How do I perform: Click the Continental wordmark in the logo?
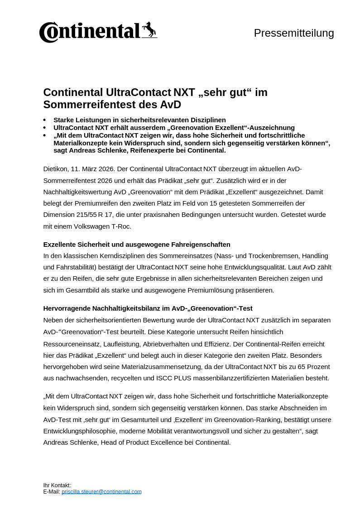click(91, 32)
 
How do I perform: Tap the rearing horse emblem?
click(149, 30)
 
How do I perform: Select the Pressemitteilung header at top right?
click(294, 33)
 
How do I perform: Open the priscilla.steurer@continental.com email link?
click(101, 492)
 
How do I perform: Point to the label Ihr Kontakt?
click(57, 485)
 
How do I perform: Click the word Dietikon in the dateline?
click(55, 169)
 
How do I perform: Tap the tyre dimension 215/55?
click(86, 215)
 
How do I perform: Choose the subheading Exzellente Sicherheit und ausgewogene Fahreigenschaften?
click(137, 245)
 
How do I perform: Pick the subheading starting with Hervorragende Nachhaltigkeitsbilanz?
click(148, 308)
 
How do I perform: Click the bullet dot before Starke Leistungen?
click(44, 120)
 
